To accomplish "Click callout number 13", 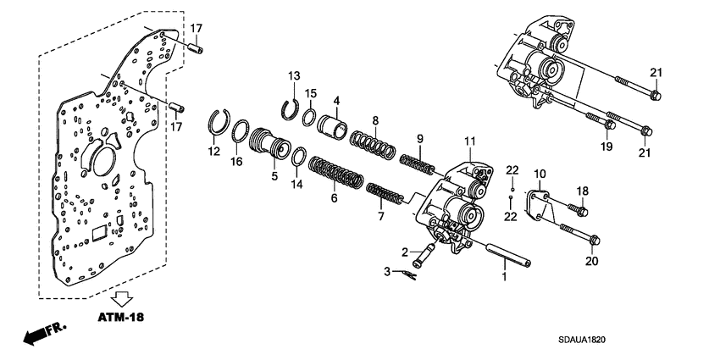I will click(294, 77).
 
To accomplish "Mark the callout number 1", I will click(504, 275).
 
